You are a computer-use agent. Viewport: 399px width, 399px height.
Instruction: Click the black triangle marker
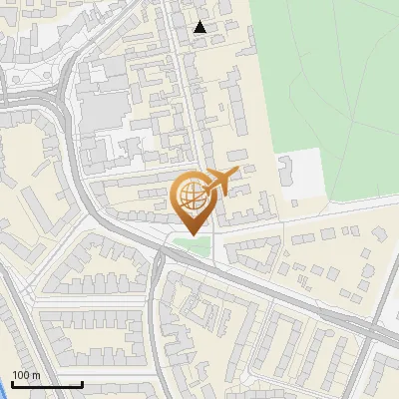click(x=200, y=27)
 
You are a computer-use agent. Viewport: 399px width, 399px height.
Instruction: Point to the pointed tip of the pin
click(x=193, y=233)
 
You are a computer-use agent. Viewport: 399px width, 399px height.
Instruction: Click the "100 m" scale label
click(x=26, y=375)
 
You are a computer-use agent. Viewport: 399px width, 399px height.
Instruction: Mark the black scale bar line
click(x=47, y=384)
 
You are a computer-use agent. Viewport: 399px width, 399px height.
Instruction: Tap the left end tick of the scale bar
click(x=12, y=382)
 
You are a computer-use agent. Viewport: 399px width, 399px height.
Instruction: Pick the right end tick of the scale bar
click(x=82, y=382)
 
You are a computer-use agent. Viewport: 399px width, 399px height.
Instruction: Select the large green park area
click(x=329, y=80)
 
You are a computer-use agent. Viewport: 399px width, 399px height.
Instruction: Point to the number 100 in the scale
click(x=21, y=375)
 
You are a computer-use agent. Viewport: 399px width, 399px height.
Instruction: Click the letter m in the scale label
click(x=36, y=375)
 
